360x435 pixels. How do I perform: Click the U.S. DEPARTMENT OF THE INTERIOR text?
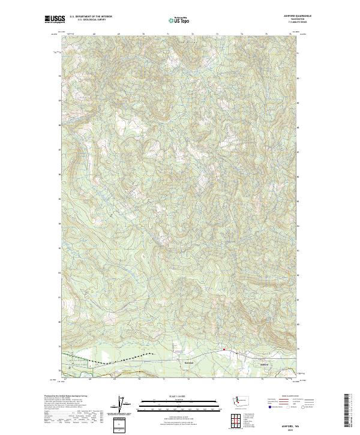91,16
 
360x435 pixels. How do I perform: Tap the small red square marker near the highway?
224,349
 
